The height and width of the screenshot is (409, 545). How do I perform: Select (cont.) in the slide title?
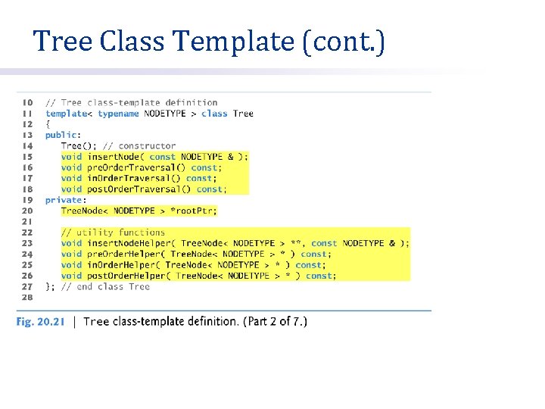click(x=344, y=42)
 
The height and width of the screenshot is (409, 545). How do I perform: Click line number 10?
click(x=27, y=103)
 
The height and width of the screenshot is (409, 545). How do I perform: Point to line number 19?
click(x=27, y=200)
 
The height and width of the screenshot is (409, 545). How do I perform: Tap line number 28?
click(x=27, y=298)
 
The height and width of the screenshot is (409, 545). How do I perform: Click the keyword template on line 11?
click(x=67, y=114)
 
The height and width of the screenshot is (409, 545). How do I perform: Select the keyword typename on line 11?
click(x=118, y=114)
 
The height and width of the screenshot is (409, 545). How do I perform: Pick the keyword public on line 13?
click(x=61, y=135)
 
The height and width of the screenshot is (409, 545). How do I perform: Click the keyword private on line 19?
click(x=64, y=200)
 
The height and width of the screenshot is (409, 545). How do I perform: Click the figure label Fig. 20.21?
click(x=40, y=322)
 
